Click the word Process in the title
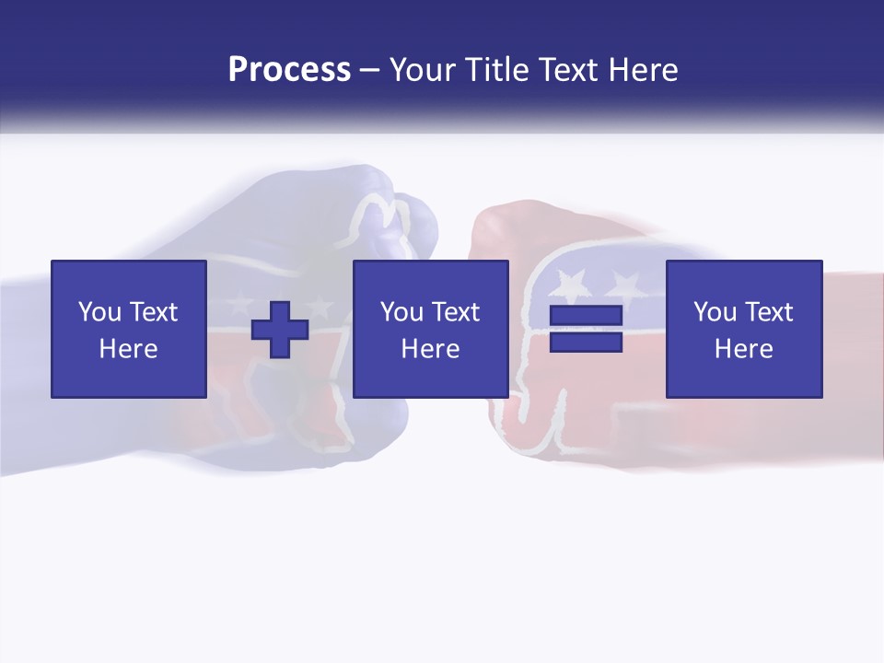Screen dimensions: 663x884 (289, 70)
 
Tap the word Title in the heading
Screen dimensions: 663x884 (495, 70)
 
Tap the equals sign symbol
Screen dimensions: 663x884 (586, 329)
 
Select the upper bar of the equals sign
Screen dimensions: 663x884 (586, 316)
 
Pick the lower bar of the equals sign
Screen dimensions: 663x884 (586, 342)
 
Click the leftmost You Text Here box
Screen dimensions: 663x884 (129, 329)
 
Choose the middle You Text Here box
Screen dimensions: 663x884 (430, 329)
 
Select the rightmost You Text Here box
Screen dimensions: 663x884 (744, 329)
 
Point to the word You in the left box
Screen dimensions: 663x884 (99, 312)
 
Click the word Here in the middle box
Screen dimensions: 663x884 (430, 349)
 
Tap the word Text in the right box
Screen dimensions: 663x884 (768, 312)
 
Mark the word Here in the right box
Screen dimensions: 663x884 (744, 349)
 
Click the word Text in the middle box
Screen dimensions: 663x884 (455, 312)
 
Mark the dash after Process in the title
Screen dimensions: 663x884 (369, 70)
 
